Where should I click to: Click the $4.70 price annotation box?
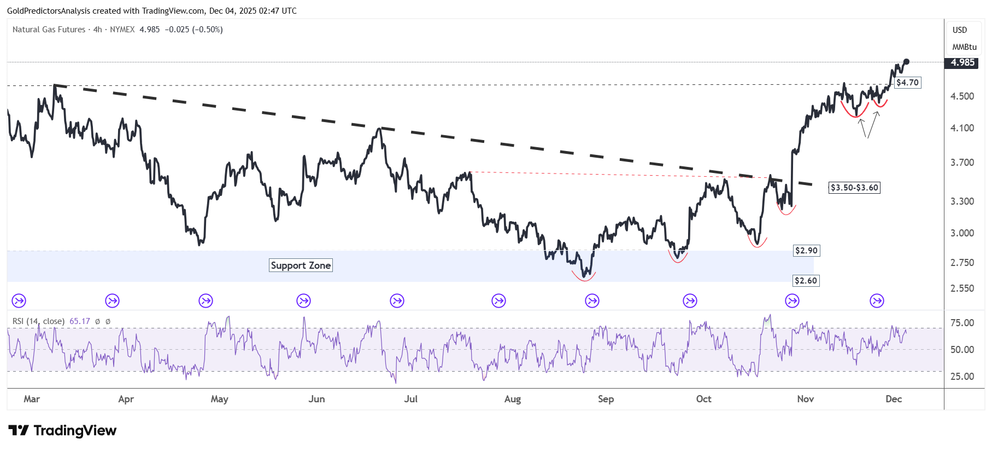[x=907, y=83]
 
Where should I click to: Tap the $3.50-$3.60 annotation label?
[x=854, y=188]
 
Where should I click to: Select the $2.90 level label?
[x=806, y=251]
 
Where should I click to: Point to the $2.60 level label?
[x=806, y=281]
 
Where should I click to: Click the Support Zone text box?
[x=301, y=265]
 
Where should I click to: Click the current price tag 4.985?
[x=962, y=62]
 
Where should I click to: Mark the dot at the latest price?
[x=906, y=61]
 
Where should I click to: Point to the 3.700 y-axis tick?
[x=962, y=163]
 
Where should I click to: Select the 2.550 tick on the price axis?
[x=962, y=288]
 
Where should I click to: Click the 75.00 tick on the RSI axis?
[x=962, y=323]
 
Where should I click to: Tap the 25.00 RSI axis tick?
[x=962, y=377]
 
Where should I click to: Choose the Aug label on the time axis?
[x=512, y=399]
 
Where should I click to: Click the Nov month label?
[x=805, y=399]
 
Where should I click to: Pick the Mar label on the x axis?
[x=32, y=399]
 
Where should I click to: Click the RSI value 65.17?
[x=80, y=321]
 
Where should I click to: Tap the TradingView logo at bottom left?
[x=62, y=431]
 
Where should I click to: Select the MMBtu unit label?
[x=964, y=47]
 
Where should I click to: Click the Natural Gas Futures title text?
[x=49, y=30]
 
